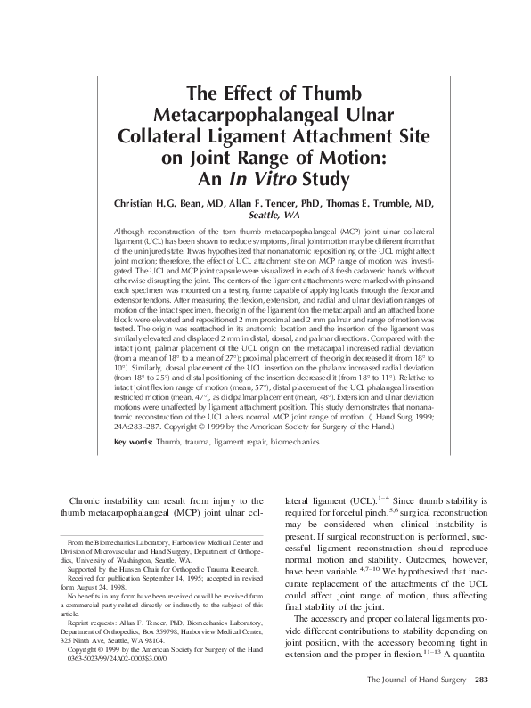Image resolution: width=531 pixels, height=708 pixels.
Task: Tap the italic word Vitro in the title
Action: point(280,177)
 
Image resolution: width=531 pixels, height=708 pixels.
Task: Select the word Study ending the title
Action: point(324,177)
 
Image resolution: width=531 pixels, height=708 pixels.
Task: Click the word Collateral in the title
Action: point(193,136)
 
